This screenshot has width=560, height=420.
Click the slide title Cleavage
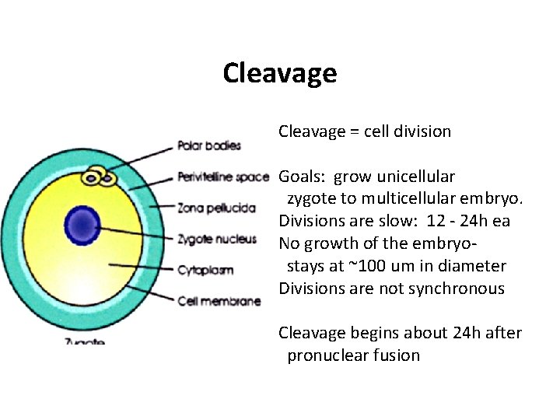[x=279, y=73]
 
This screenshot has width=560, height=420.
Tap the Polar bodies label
[x=209, y=145]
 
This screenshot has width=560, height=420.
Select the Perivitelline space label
[x=223, y=177]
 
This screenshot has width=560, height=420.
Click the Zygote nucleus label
[x=216, y=239]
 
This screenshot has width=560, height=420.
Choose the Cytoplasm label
[x=205, y=270]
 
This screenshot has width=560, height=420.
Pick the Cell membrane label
[x=219, y=301]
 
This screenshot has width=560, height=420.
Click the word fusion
[x=400, y=355]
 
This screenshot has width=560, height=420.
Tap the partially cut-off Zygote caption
[x=86, y=341]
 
